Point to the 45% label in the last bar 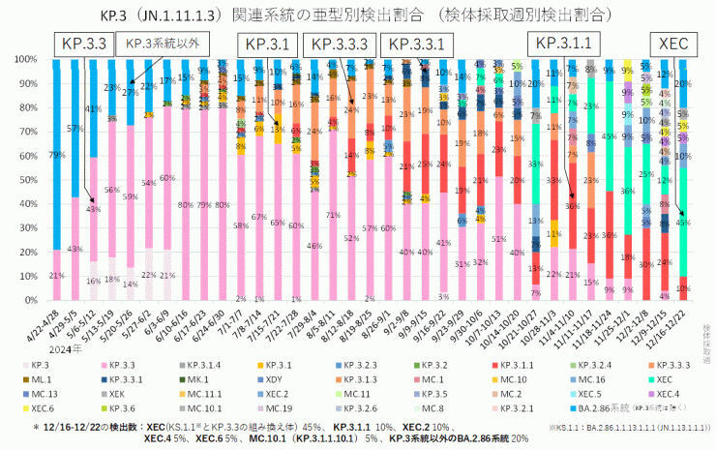[x=684, y=222]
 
